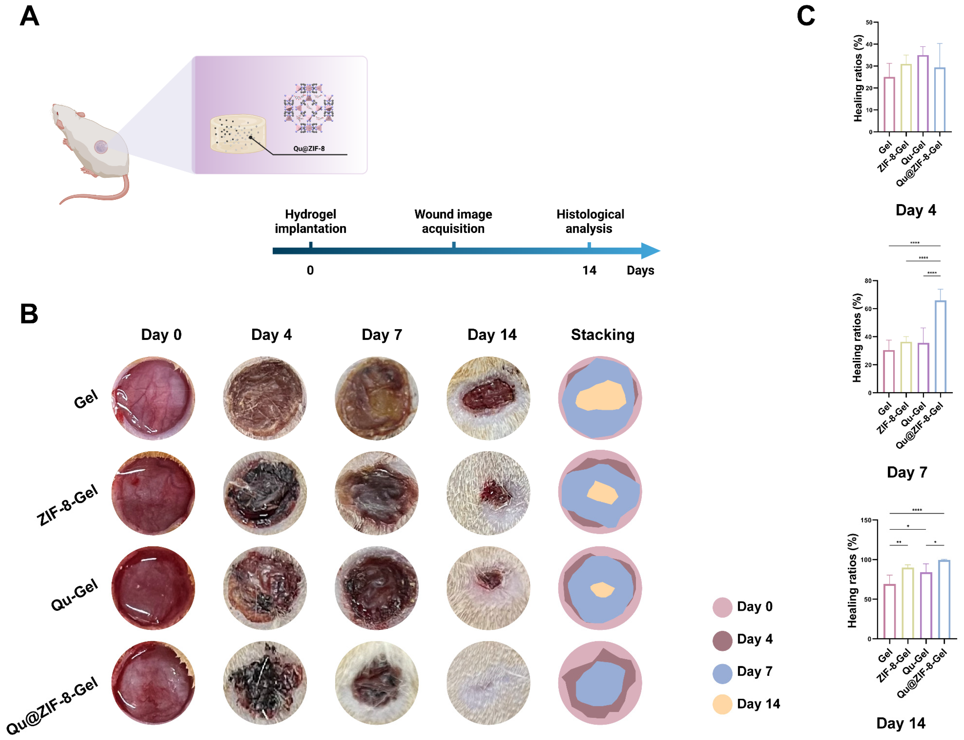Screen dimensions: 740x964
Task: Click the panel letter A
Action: point(30,17)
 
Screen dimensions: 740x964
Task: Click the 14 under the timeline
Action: point(589,270)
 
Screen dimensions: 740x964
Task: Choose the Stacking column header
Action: point(602,335)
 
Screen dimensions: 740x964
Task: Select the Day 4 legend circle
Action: point(722,640)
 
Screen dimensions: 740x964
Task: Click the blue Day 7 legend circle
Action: point(722,673)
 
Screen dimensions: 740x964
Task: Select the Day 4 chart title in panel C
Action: point(915,210)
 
